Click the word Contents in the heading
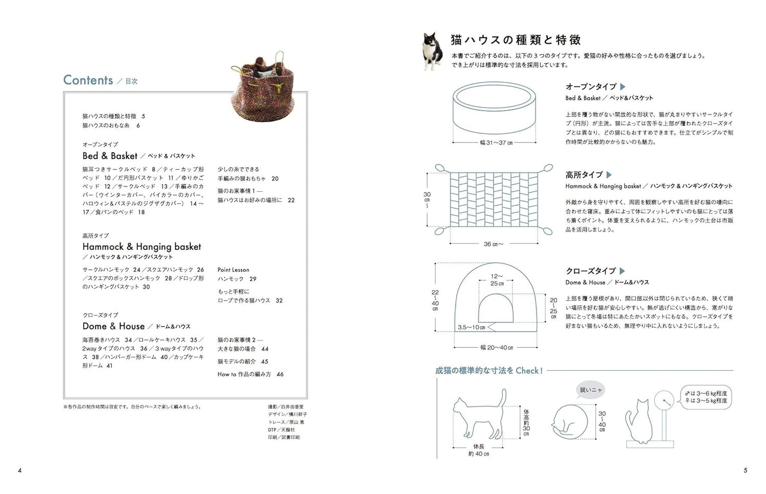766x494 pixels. point(88,80)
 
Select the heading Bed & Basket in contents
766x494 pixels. point(110,156)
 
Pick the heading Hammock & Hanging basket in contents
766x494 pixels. point(142,246)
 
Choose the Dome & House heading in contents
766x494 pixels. point(113,326)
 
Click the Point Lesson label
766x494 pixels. point(233,270)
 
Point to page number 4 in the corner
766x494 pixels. point(20,470)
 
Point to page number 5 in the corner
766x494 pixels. point(745,470)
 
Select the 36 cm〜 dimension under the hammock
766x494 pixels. point(493,244)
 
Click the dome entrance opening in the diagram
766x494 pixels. point(496,310)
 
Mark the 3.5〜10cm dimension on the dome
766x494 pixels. point(471,327)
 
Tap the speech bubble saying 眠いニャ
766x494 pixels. point(591,390)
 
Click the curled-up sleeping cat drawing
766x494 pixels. point(570,421)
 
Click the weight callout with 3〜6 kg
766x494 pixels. point(706,397)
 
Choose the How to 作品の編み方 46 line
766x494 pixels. point(250,374)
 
